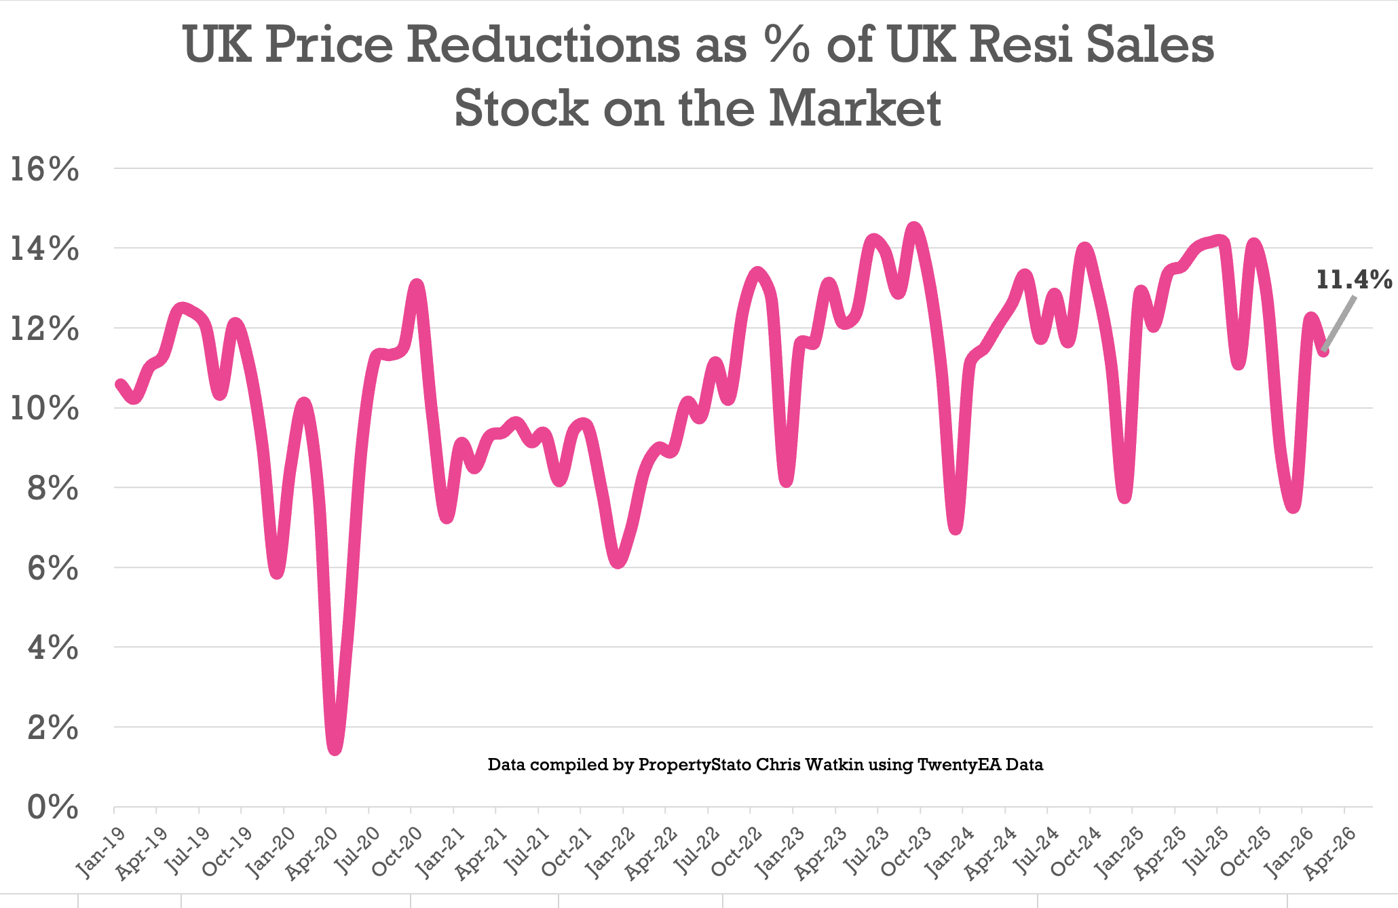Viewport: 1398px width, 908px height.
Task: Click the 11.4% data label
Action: [x=1353, y=280]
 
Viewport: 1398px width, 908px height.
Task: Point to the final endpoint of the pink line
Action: [x=1323, y=351]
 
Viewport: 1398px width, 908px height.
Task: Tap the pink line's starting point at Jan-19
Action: [x=120, y=384]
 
